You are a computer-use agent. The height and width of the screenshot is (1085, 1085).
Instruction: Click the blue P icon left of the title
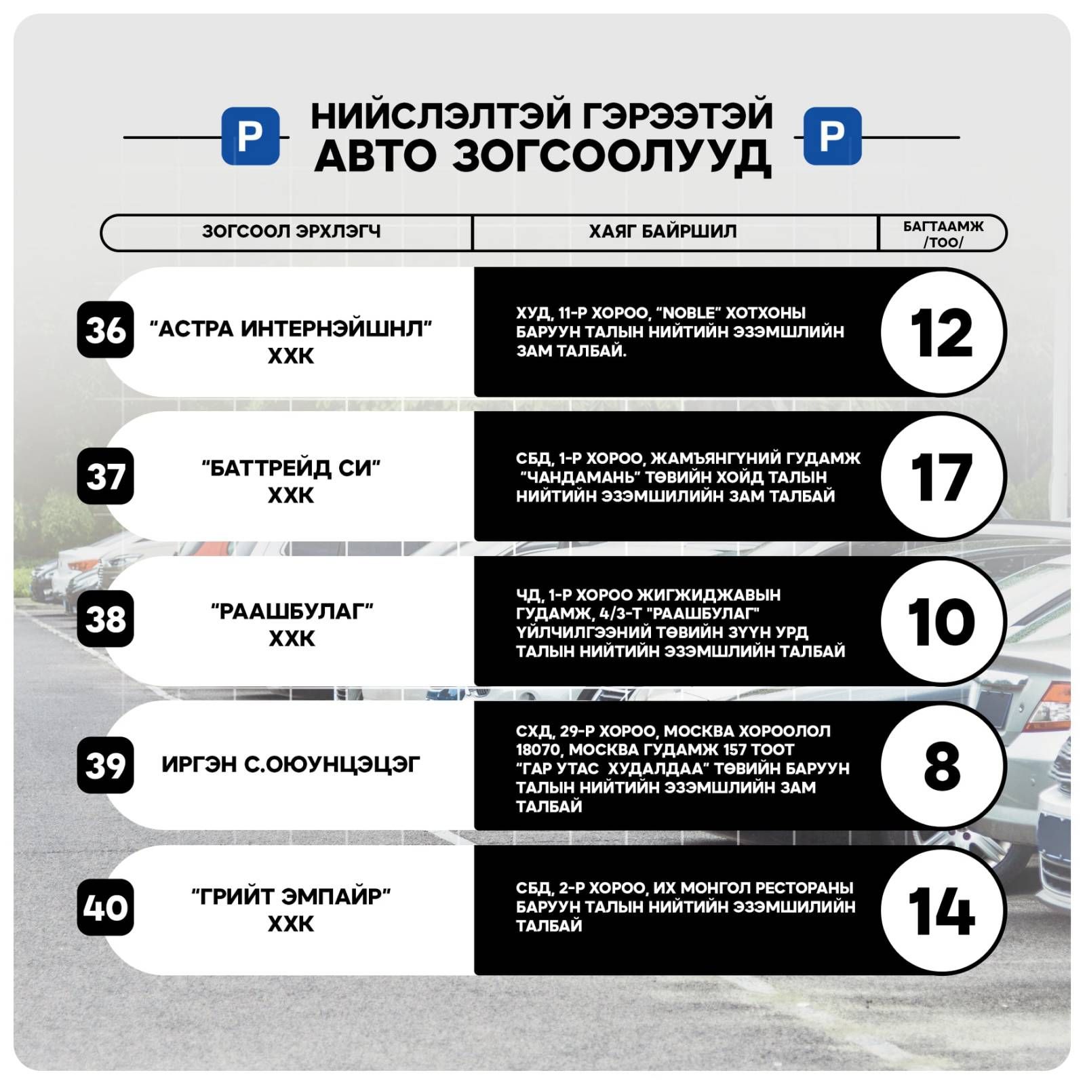pyautogui.click(x=250, y=136)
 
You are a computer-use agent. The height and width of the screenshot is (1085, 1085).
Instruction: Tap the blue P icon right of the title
pyautogui.click(x=832, y=136)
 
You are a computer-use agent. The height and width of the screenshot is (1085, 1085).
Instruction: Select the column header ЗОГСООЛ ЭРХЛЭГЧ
pyautogui.click(x=291, y=232)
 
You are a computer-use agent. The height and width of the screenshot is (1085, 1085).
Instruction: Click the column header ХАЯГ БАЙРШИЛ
pyautogui.click(x=663, y=232)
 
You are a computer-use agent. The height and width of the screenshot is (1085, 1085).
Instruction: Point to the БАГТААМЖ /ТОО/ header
pyautogui.click(x=943, y=233)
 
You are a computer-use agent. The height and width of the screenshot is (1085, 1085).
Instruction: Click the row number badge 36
pyautogui.click(x=105, y=330)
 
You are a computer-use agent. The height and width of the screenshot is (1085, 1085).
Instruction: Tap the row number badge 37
pyautogui.click(x=105, y=476)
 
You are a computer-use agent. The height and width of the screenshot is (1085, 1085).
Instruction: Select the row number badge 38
pyautogui.click(x=105, y=619)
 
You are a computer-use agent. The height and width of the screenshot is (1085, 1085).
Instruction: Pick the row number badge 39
pyautogui.click(x=105, y=765)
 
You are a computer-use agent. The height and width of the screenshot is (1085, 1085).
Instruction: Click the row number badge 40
pyautogui.click(x=105, y=907)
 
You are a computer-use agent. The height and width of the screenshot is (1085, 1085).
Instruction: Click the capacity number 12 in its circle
pyautogui.click(x=942, y=333)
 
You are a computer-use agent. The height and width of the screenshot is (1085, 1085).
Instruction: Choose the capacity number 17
pyautogui.click(x=942, y=477)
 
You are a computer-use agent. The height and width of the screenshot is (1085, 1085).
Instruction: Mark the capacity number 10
pyautogui.click(x=942, y=622)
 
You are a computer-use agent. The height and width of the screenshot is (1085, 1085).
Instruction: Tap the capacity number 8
pyautogui.click(x=942, y=766)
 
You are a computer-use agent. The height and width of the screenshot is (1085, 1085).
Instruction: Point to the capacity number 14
pyautogui.click(x=942, y=911)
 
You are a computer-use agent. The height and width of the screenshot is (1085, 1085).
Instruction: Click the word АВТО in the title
pyautogui.click(x=375, y=157)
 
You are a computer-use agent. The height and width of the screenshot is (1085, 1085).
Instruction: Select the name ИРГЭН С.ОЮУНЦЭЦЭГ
pyautogui.click(x=291, y=765)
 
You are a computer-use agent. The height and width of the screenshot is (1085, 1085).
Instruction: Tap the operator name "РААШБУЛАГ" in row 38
pyautogui.click(x=292, y=612)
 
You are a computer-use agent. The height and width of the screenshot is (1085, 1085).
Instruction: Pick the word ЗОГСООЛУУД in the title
pyautogui.click(x=611, y=157)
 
